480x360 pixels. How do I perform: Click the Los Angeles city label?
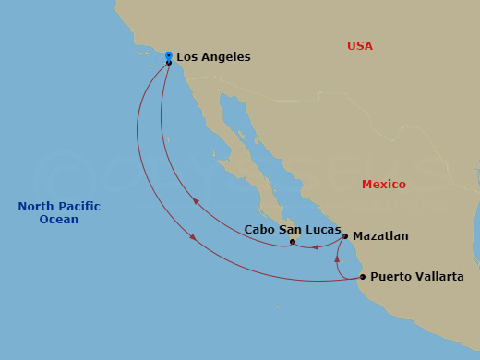(x=213, y=57)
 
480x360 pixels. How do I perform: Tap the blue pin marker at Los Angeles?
(x=168, y=57)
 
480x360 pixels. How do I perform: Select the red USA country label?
(x=360, y=45)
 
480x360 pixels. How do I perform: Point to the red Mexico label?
(x=384, y=185)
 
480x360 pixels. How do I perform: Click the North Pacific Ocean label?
(x=59, y=213)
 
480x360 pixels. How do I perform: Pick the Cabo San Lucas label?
(x=293, y=229)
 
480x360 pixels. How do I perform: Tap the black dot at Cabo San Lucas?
(x=293, y=242)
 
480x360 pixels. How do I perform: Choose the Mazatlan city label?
(x=380, y=236)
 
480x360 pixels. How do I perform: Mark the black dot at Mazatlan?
(x=345, y=236)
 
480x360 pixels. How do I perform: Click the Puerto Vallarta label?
(x=417, y=277)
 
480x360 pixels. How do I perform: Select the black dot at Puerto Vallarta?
(x=363, y=277)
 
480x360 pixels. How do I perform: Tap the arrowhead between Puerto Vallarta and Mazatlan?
(x=337, y=259)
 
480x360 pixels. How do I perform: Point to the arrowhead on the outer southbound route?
(x=192, y=238)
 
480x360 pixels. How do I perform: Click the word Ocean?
(x=59, y=220)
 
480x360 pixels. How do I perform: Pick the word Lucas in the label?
(x=323, y=229)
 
